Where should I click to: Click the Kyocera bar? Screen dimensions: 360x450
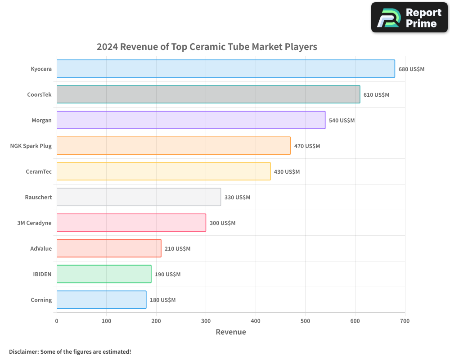(x=225, y=69)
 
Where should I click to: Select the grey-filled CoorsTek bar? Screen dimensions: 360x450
(x=208, y=94)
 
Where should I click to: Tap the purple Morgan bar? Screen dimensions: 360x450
(x=191, y=120)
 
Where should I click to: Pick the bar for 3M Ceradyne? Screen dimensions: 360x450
(x=131, y=223)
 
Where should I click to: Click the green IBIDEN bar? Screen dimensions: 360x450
(x=104, y=274)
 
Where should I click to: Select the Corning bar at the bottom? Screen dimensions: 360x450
(x=101, y=300)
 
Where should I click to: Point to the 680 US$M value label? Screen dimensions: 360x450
(x=411, y=69)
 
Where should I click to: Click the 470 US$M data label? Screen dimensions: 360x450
(x=307, y=146)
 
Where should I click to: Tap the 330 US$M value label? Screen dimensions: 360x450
(x=237, y=198)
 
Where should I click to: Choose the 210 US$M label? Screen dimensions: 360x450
(x=177, y=249)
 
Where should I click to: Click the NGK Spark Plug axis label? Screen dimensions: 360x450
(x=31, y=146)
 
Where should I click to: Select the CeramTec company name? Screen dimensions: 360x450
(x=39, y=171)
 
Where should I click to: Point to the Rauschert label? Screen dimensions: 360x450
(x=38, y=197)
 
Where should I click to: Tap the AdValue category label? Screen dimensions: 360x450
(x=41, y=248)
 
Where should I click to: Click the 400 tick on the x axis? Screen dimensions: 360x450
(x=256, y=321)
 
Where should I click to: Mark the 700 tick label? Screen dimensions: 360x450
(x=405, y=321)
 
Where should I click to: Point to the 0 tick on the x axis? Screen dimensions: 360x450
(x=57, y=321)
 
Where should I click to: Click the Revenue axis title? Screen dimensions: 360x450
(x=231, y=332)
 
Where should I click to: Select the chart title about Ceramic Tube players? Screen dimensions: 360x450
(x=207, y=47)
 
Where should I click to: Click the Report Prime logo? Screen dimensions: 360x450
(x=409, y=18)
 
